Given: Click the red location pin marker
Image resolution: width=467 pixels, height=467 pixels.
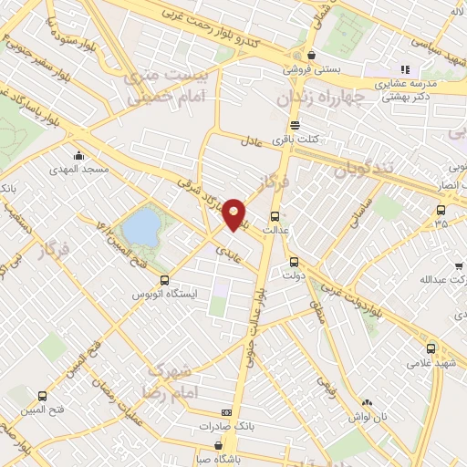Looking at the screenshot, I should point(234,213).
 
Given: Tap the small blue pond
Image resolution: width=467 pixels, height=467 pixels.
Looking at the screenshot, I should point(139,228).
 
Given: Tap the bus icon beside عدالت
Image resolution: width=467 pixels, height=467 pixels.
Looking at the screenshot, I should point(275,216).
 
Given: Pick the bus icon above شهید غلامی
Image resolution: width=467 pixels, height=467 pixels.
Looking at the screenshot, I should point(430,348).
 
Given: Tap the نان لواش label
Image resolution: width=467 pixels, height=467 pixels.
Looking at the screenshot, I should point(367,416).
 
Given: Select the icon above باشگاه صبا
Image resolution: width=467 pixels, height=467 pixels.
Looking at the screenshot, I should point(219,446).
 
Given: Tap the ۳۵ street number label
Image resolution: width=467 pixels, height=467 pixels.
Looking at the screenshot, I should point(441,222).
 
